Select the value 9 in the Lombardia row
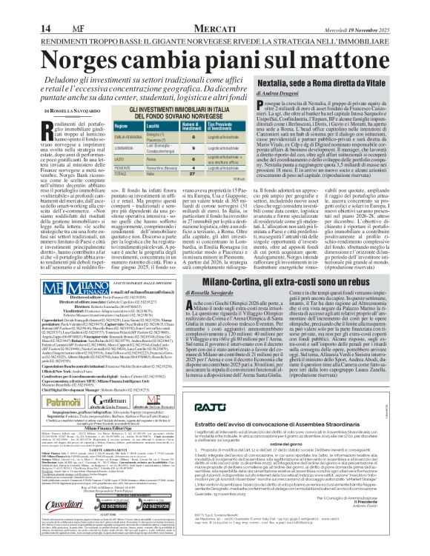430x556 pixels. [172, 148]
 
